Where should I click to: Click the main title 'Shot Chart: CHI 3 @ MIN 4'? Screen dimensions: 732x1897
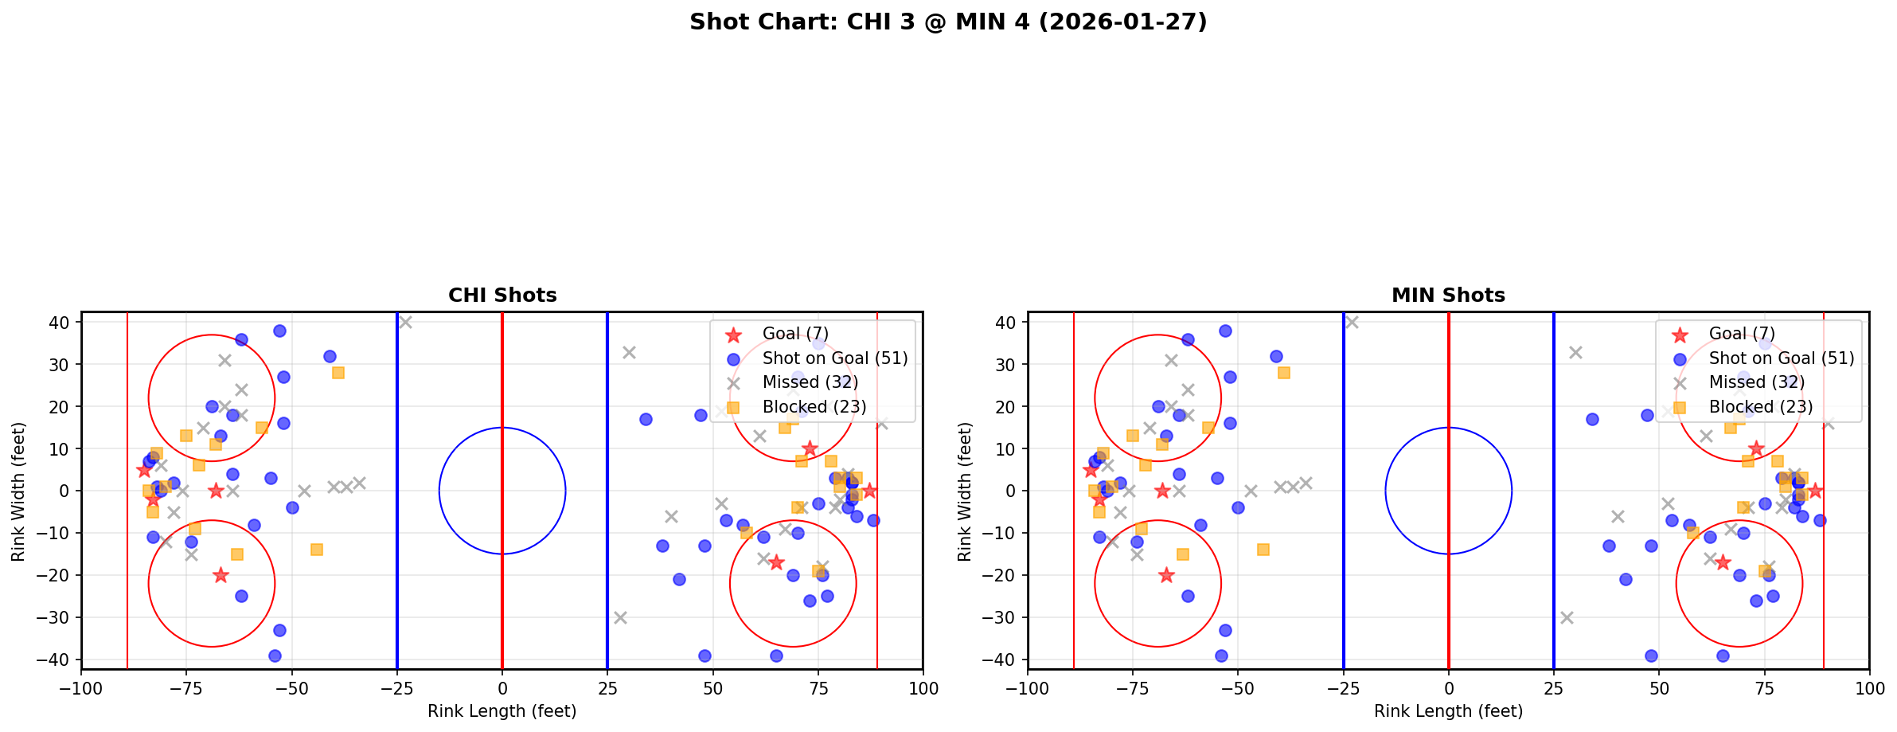pos(948,22)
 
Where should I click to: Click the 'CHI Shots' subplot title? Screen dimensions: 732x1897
pos(502,296)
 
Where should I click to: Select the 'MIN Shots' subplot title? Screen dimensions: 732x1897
pos(1448,296)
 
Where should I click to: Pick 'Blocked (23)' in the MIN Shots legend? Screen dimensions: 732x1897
pos(1760,407)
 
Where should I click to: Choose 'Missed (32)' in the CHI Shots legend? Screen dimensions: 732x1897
pos(810,382)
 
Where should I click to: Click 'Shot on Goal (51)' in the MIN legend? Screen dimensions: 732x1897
pos(1781,358)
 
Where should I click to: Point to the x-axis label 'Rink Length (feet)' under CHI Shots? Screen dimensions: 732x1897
pos(502,711)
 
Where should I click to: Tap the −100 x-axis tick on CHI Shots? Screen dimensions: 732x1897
pos(81,688)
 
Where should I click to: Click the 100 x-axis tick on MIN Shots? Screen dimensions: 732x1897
pos(1869,688)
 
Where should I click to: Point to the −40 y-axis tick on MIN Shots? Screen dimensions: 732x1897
pos(1005,660)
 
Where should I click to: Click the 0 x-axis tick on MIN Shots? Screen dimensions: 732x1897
pos(1449,688)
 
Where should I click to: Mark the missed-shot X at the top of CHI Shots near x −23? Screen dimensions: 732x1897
pos(405,323)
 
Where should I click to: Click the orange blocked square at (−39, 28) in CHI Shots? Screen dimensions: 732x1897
pos(338,373)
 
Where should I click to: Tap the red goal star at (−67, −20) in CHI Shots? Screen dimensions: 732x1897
pos(221,575)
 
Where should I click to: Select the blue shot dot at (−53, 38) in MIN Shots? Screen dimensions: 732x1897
pos(1225,331)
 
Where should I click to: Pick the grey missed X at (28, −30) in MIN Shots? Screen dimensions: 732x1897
pos(1567,617)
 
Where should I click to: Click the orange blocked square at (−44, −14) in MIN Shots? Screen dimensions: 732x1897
pos(1263,550)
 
